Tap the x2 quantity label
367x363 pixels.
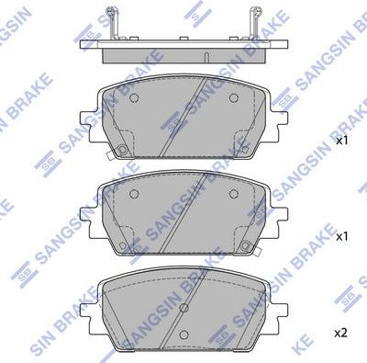pos(341,331)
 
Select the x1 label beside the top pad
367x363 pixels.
pos(341,142)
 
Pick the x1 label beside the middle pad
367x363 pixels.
pos(341,236)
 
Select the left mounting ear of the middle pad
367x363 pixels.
pos(90,216)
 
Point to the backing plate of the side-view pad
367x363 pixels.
pos(183,42)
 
